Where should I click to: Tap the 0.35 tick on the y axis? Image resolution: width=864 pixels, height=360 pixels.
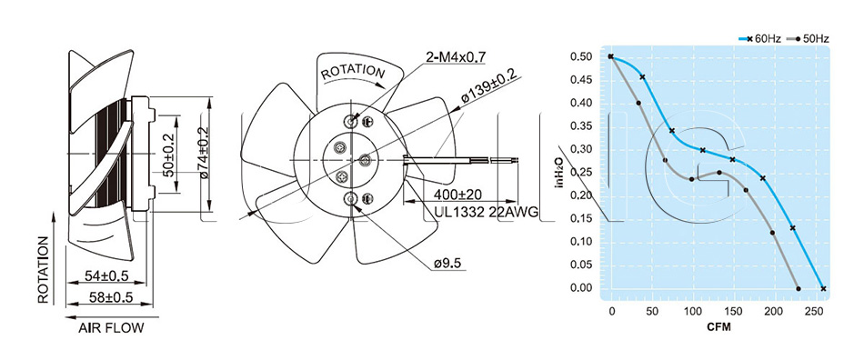click(x=581, y=126)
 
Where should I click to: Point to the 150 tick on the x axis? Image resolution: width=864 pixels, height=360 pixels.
click(x=733, y=312)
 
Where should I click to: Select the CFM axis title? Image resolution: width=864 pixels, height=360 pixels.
click(x=718, y=327)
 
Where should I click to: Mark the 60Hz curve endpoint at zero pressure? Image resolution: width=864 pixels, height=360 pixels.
click(x=823, y=288)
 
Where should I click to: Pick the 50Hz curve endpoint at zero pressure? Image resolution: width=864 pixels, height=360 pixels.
click(x=799, y=288)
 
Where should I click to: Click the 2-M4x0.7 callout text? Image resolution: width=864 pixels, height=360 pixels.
click(x=455, y=56)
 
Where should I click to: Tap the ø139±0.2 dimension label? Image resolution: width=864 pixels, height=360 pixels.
click(x=488, y=87)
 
